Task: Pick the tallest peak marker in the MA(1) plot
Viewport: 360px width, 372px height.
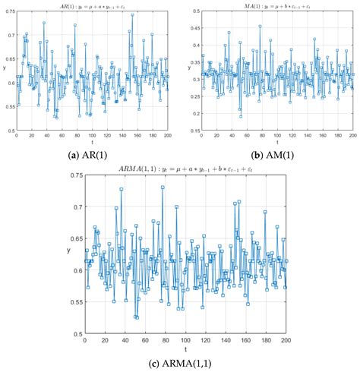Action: coord(260,27)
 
